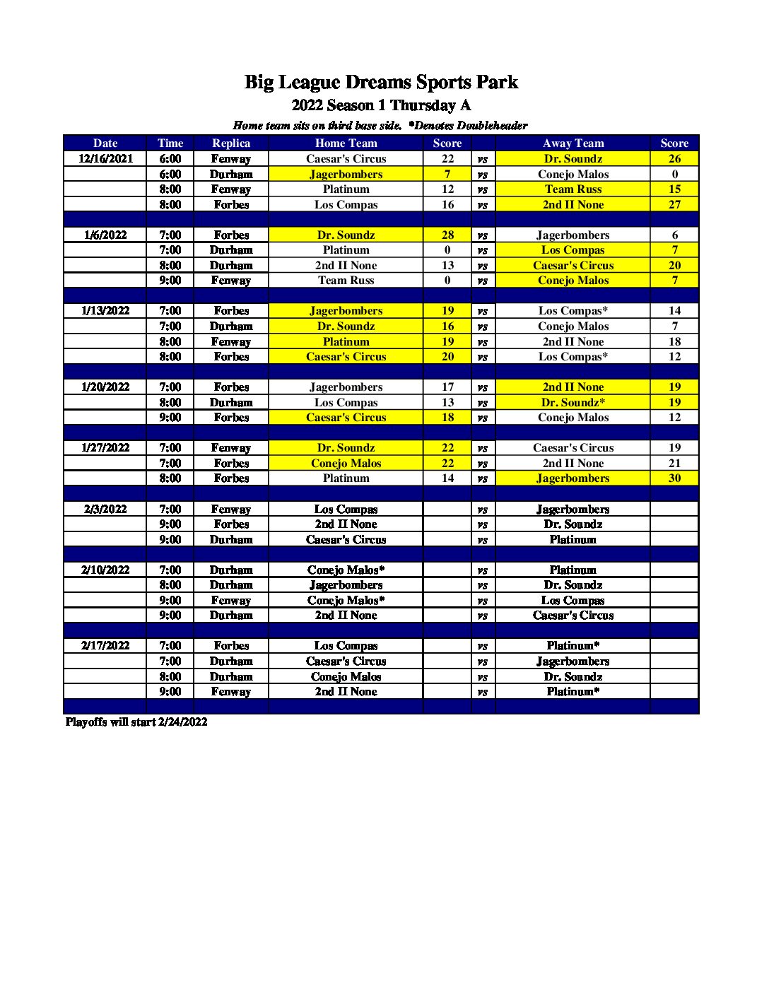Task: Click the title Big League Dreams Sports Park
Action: tap(381, 83)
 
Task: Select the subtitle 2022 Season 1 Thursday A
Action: tap(381, 106)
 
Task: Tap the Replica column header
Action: tap(231, 143)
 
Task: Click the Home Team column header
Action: tap(346, 143)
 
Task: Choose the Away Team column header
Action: tap(573, 143)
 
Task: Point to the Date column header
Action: tap(105, 143)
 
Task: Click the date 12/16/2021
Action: tap(105, 159)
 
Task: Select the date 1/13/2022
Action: tap(105, 311)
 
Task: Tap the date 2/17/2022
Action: tap(105, 646)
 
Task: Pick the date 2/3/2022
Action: tap(105, 510)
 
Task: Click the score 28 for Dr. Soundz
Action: tap(447, 235)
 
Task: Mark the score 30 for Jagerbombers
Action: tap(674, 478)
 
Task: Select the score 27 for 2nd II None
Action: tap(674, 205)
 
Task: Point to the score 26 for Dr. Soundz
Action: tap(674, 159)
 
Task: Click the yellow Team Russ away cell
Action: tap(573, 189)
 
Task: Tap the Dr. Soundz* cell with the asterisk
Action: tap(573, 403)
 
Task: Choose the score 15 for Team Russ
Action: tap(674, 189)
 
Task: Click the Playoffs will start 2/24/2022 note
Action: tap(136, 722)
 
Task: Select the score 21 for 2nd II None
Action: tap(674, 464)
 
